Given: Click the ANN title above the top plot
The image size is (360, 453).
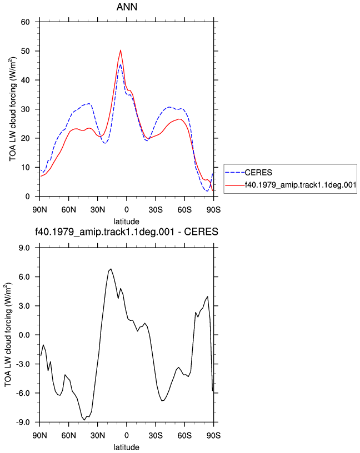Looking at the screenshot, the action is click(127, 7).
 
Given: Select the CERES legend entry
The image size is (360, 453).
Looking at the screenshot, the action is click(258, 173).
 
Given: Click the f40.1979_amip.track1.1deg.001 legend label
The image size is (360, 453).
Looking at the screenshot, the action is click(301, 185).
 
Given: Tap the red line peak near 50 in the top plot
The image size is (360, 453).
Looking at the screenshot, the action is click(121, 51).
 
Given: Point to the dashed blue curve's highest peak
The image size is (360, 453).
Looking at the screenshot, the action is click(121, 64).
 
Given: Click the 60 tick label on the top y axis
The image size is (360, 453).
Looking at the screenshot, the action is click(25, 22).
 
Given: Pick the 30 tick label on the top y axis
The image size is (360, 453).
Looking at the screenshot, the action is click(25, 109).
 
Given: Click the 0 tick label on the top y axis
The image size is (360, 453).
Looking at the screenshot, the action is click(27, 197).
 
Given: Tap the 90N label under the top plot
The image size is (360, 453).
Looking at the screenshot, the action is click(39, 210).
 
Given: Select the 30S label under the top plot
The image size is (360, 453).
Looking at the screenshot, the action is click(156, 210).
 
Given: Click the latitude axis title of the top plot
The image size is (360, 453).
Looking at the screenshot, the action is click(126, 222).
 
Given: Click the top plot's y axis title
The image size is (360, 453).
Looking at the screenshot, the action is click(13, 109).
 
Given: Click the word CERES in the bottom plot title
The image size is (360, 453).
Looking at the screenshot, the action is click(201, 231).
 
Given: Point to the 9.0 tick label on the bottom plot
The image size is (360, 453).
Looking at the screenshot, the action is click(24, 248).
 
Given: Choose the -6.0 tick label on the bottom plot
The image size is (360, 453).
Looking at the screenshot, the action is click(23, 393).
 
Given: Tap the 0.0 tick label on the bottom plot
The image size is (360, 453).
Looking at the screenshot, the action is click(24, 335).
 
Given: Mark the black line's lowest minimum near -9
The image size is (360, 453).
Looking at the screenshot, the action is click(84, 420).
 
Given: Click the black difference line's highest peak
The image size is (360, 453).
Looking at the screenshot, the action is click(111, 269).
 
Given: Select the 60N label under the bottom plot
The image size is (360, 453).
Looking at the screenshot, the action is click(68, 436).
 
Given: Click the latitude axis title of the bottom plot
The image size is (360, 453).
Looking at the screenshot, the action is click(126, 447).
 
